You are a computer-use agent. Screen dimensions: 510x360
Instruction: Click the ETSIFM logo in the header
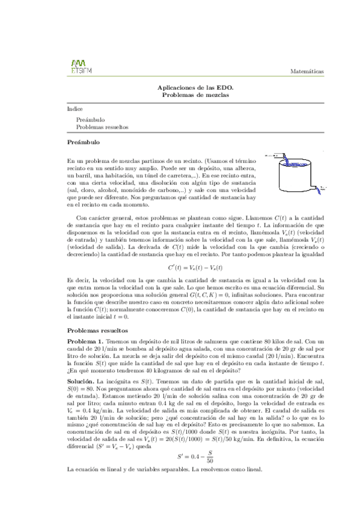[78, 66]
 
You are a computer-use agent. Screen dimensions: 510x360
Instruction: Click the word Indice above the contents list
[75, 110]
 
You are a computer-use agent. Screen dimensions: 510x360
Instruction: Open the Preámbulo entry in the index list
[90, 120]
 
